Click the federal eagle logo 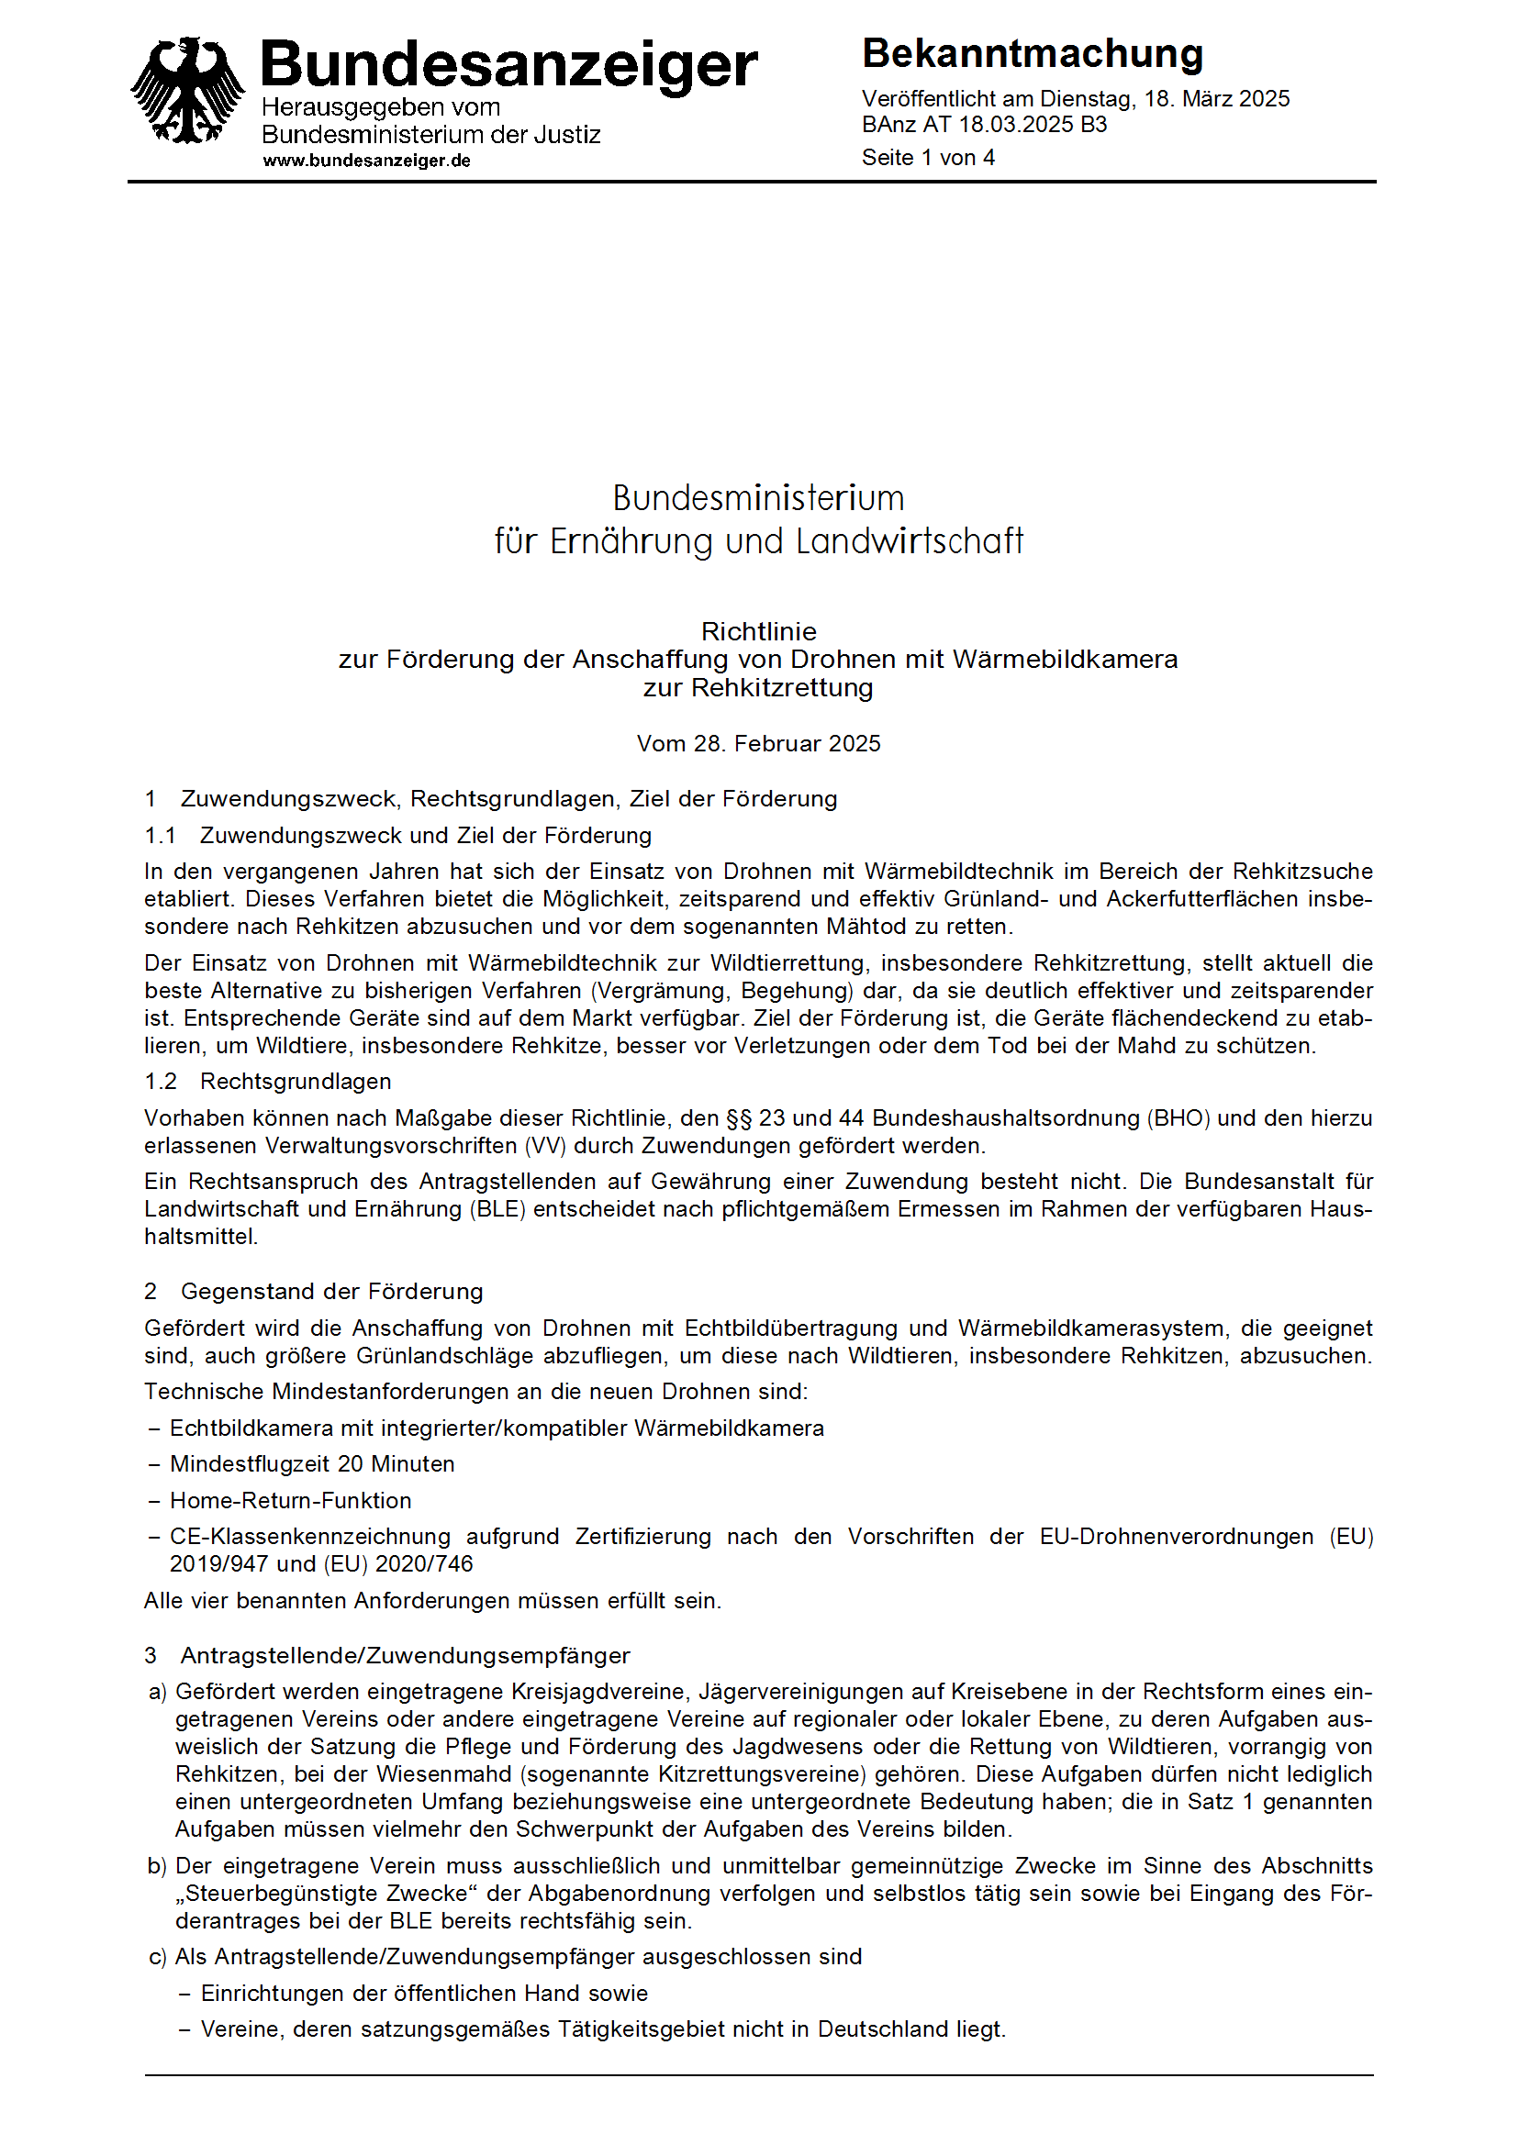[187, 91]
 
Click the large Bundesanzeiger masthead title [508, 64]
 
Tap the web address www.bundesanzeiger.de [366, 161]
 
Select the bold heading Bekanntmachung [1032, 54]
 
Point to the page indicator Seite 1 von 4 [928, 158]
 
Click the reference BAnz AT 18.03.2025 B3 [984, 126]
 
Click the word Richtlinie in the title [758, 631]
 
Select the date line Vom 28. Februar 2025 [758, 743]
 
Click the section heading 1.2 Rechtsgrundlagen [267, 1082]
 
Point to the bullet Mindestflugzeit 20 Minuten [311, 1464]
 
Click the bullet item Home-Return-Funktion [290, 1501]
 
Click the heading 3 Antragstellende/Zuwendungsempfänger [386, 1656]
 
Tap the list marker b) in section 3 [157, 1866]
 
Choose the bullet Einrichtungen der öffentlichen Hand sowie [424, 1994]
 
